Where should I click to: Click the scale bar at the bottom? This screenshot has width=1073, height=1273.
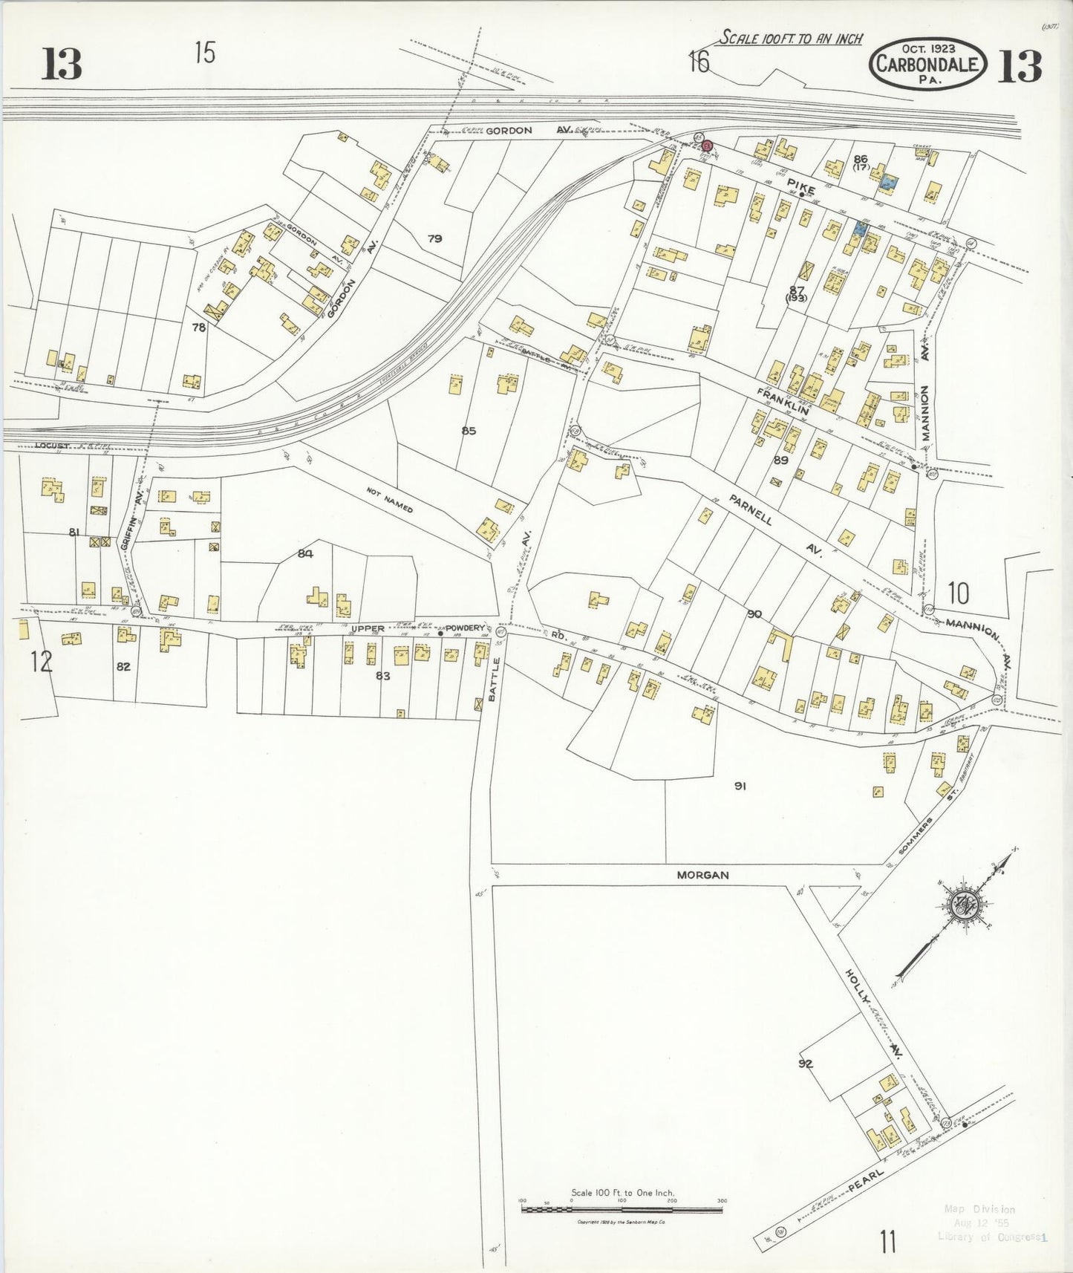click(622, 1210)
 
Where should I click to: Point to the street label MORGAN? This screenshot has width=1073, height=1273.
click(702, 875)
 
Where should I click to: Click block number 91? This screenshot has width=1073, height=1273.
click(740, 786)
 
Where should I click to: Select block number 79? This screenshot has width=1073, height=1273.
click(435, 238)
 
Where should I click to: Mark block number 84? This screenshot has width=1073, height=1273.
click(305, 553)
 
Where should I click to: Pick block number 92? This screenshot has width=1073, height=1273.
click(806, 1064)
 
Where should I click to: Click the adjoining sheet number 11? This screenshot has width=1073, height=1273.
click(887, 1240)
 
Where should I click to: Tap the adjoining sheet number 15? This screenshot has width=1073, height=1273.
click(205, 53)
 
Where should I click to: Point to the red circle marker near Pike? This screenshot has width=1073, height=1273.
click(708, 145)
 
